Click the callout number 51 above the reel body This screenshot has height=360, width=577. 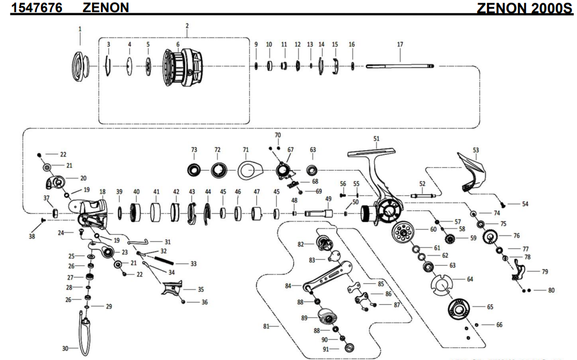point(377,139)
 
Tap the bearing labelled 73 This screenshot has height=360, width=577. point(194,171)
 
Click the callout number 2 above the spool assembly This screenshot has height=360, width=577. point(187,26)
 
